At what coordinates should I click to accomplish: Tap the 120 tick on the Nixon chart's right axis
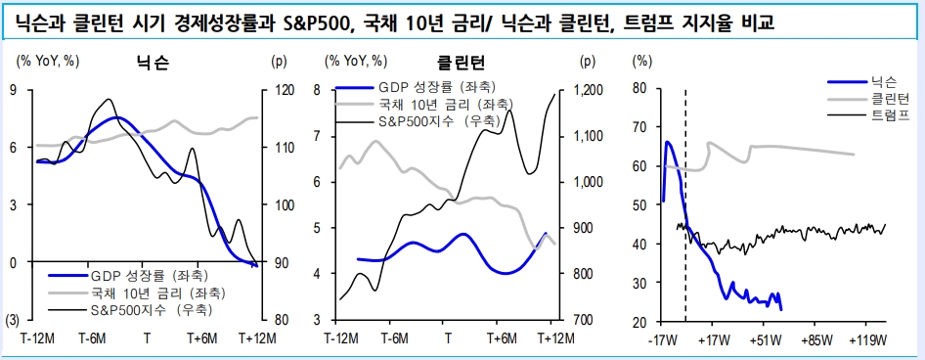(x=283, y=90)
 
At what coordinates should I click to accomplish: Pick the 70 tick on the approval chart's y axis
(x=640, y=127)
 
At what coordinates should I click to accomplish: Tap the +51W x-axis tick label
(x=766, y=341)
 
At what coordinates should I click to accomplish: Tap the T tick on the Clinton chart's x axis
(x=448, y=339)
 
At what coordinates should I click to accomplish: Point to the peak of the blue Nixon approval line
(x=668, y=143)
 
